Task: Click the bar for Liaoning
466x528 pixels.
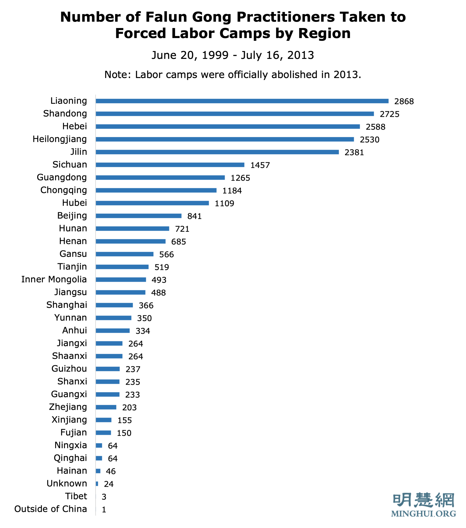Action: [x=242, y=101]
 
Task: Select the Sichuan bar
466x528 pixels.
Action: [x=170, y=165]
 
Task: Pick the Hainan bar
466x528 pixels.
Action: [x=98, y=471]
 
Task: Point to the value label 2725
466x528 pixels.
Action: [x=389, y=114]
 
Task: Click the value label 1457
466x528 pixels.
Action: [x=260, y=165]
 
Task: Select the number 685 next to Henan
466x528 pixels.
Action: [x=178, y=242]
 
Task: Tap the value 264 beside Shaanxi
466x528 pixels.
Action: [x=135, y=356]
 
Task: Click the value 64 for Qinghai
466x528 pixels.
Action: [x=113, y=458]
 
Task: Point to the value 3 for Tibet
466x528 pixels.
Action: [x=104, y=497]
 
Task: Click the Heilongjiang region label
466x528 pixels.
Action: [x=60, y=139]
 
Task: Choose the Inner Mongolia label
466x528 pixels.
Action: [x=54, y=280]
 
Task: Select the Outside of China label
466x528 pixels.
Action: [x=51, y=509]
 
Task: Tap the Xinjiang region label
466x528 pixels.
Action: [x=69, y=420]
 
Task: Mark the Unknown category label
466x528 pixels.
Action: [x=67, y=484]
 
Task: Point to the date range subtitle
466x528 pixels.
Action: [x=233, y=55]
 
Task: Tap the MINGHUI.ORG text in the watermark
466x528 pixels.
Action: [x=423, y=514]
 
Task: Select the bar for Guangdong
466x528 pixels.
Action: [x=160, y=177]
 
